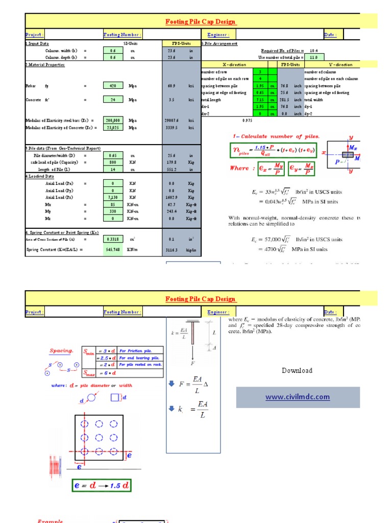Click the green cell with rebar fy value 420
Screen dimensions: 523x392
[113, 86]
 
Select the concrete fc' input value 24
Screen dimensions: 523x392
[113, 100]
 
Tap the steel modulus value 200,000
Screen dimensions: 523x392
[113, 121]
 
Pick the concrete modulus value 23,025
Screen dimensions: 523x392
[113, 128]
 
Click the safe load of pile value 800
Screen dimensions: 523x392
[113, 162]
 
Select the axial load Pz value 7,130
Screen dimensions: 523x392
[113, 197]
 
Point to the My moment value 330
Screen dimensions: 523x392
[113, 211]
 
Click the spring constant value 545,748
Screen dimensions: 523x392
[113, 250]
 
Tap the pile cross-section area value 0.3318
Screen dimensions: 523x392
[113, 239]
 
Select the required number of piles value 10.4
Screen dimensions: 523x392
[314, 51]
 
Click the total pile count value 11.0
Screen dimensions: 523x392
[314, 58]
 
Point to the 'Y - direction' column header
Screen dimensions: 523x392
[340, 65]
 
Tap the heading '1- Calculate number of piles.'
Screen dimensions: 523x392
[276, 136]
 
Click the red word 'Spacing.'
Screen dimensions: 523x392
[61, 351]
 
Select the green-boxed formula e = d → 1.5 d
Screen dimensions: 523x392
[102, 486]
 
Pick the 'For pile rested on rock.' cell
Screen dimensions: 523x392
[140, 365]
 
